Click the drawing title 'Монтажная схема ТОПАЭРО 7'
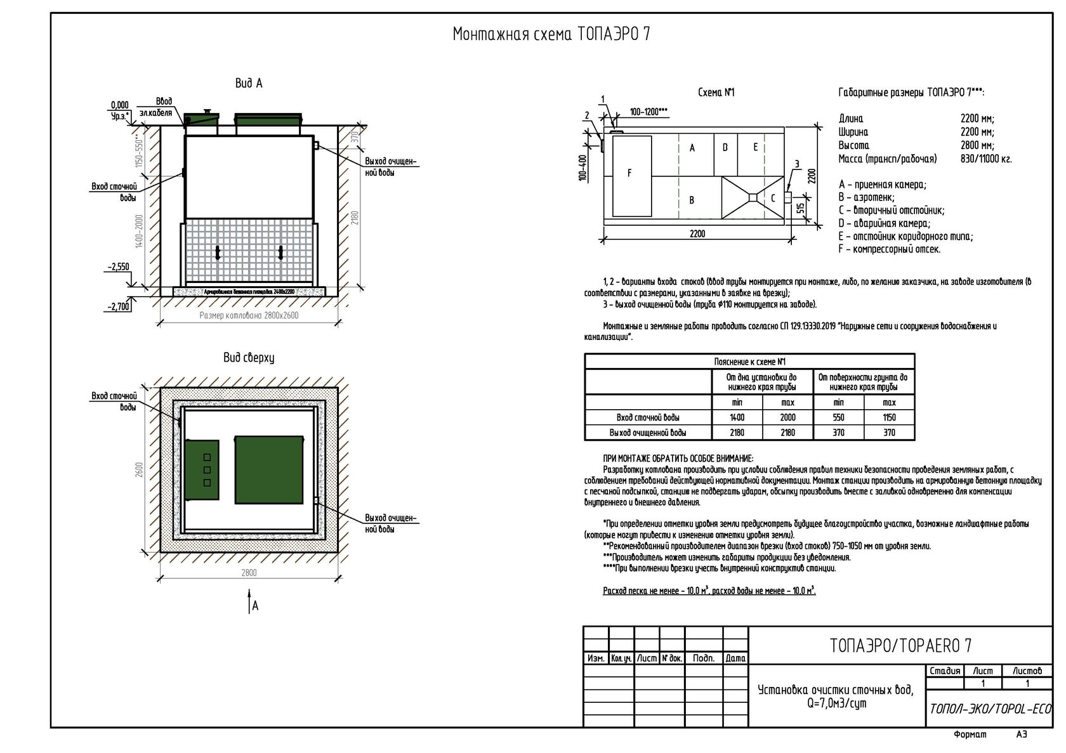[551, 34]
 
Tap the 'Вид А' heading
[249, 84]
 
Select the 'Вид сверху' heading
[248, 358]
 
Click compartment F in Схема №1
[629, 173]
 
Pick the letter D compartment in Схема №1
[725, 147]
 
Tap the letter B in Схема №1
[692, 200]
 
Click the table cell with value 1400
[737, 417]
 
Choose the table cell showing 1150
[889, 417]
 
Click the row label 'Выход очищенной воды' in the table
[648, 433]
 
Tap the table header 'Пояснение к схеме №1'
[749, 362]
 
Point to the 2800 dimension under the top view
[249, 573]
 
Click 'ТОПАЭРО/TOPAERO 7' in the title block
[900, 646]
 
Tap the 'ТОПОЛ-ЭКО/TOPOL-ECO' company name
[990, 709]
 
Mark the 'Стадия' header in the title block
[945, 671]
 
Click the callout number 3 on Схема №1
[797, 164]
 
